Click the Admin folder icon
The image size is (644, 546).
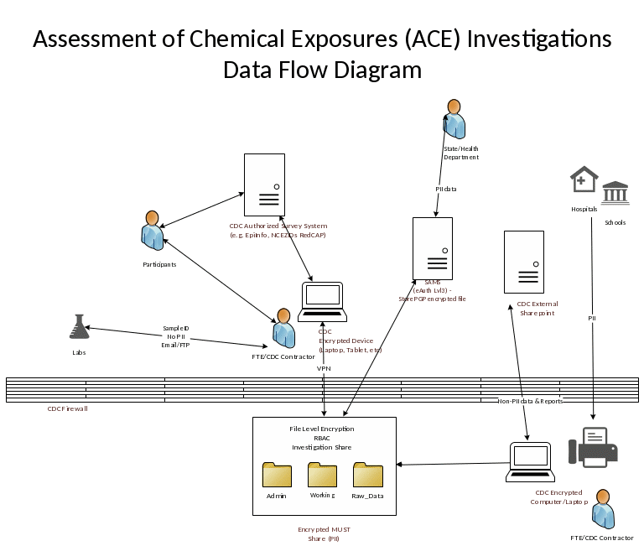click(x=277, y=475)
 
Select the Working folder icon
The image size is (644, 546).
click(x=322, y=475)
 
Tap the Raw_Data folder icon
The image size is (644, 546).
click(x=368, y=475)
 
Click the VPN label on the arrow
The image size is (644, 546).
click(x=323, y=368)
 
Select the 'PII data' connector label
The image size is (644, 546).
click(x=446, y=189)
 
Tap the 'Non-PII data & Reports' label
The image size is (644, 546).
click(x=531, y=401)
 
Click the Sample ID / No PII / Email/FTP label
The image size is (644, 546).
click(x=176, y=336)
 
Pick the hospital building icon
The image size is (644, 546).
click(x=584, y=179)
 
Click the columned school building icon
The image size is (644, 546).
click(x=616, y=192)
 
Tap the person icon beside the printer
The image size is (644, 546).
click(x=601, y=509)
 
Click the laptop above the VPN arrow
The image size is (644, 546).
click(x=323, y=302)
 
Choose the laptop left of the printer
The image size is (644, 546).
click(x=531, y=462)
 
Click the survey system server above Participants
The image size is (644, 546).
click(x=264, y=185)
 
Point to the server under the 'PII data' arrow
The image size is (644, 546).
click(x=433, y=248)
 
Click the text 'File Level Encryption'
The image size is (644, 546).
click(x=322, y=429)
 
